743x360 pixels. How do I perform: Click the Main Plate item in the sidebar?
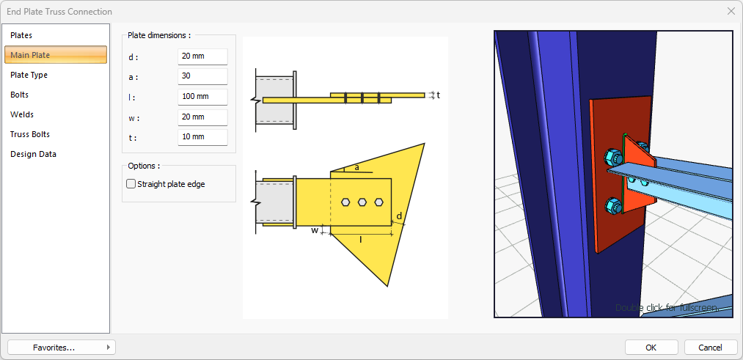click(x=56, y=55)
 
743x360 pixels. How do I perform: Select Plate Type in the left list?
click(x=29, y=75)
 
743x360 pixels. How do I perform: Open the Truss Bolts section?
click(x=30, y=134)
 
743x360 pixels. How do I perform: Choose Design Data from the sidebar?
click(x=33, y=154)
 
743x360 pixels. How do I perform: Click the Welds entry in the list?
click(x=22, y=114)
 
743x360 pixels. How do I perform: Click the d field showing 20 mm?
click(x=203, y=56)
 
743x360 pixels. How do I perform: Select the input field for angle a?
click(x=203, y=76)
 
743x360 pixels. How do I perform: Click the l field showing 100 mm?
click(x=203, y=97)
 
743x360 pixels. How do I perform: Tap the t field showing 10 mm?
click(x=203, y=137)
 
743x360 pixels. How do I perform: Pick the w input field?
click(x=203, y=117)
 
